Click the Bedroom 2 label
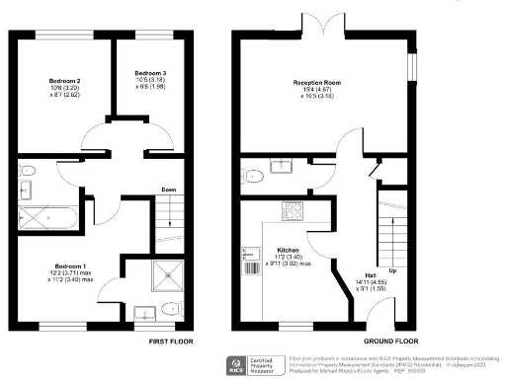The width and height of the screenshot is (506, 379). (64, 80)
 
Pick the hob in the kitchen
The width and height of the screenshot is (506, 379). (295, 209)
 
